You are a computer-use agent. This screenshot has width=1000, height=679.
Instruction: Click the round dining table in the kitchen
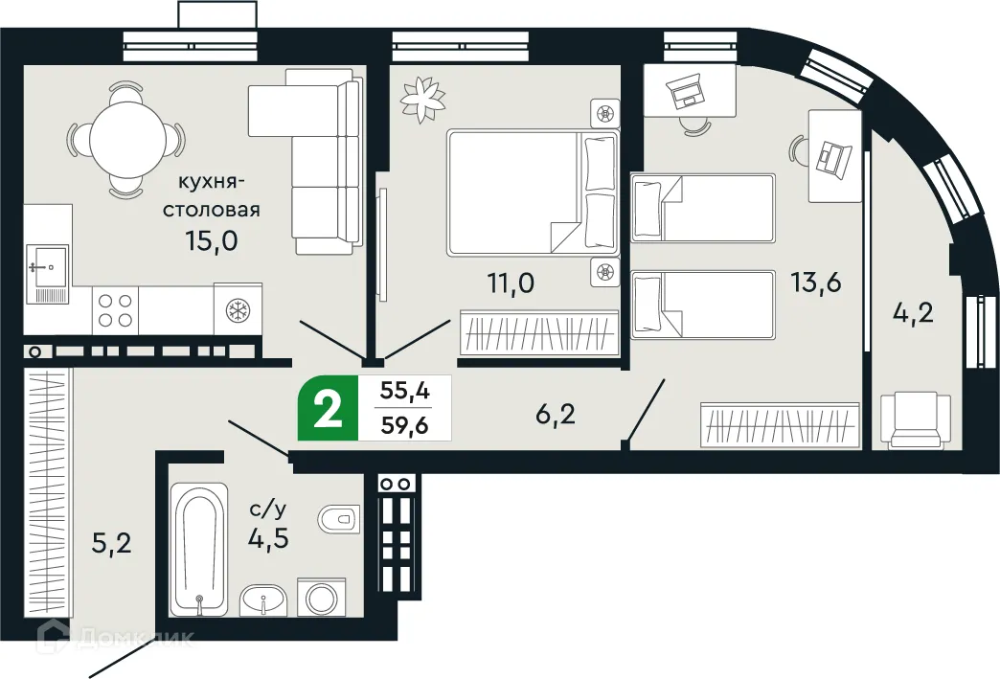click(124, 139)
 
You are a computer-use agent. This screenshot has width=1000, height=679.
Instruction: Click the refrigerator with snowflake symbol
click(237, 309)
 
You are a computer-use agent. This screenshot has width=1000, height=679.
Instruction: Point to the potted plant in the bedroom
click(421, 95)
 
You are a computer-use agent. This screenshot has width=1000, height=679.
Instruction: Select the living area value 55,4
click(403, 391)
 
